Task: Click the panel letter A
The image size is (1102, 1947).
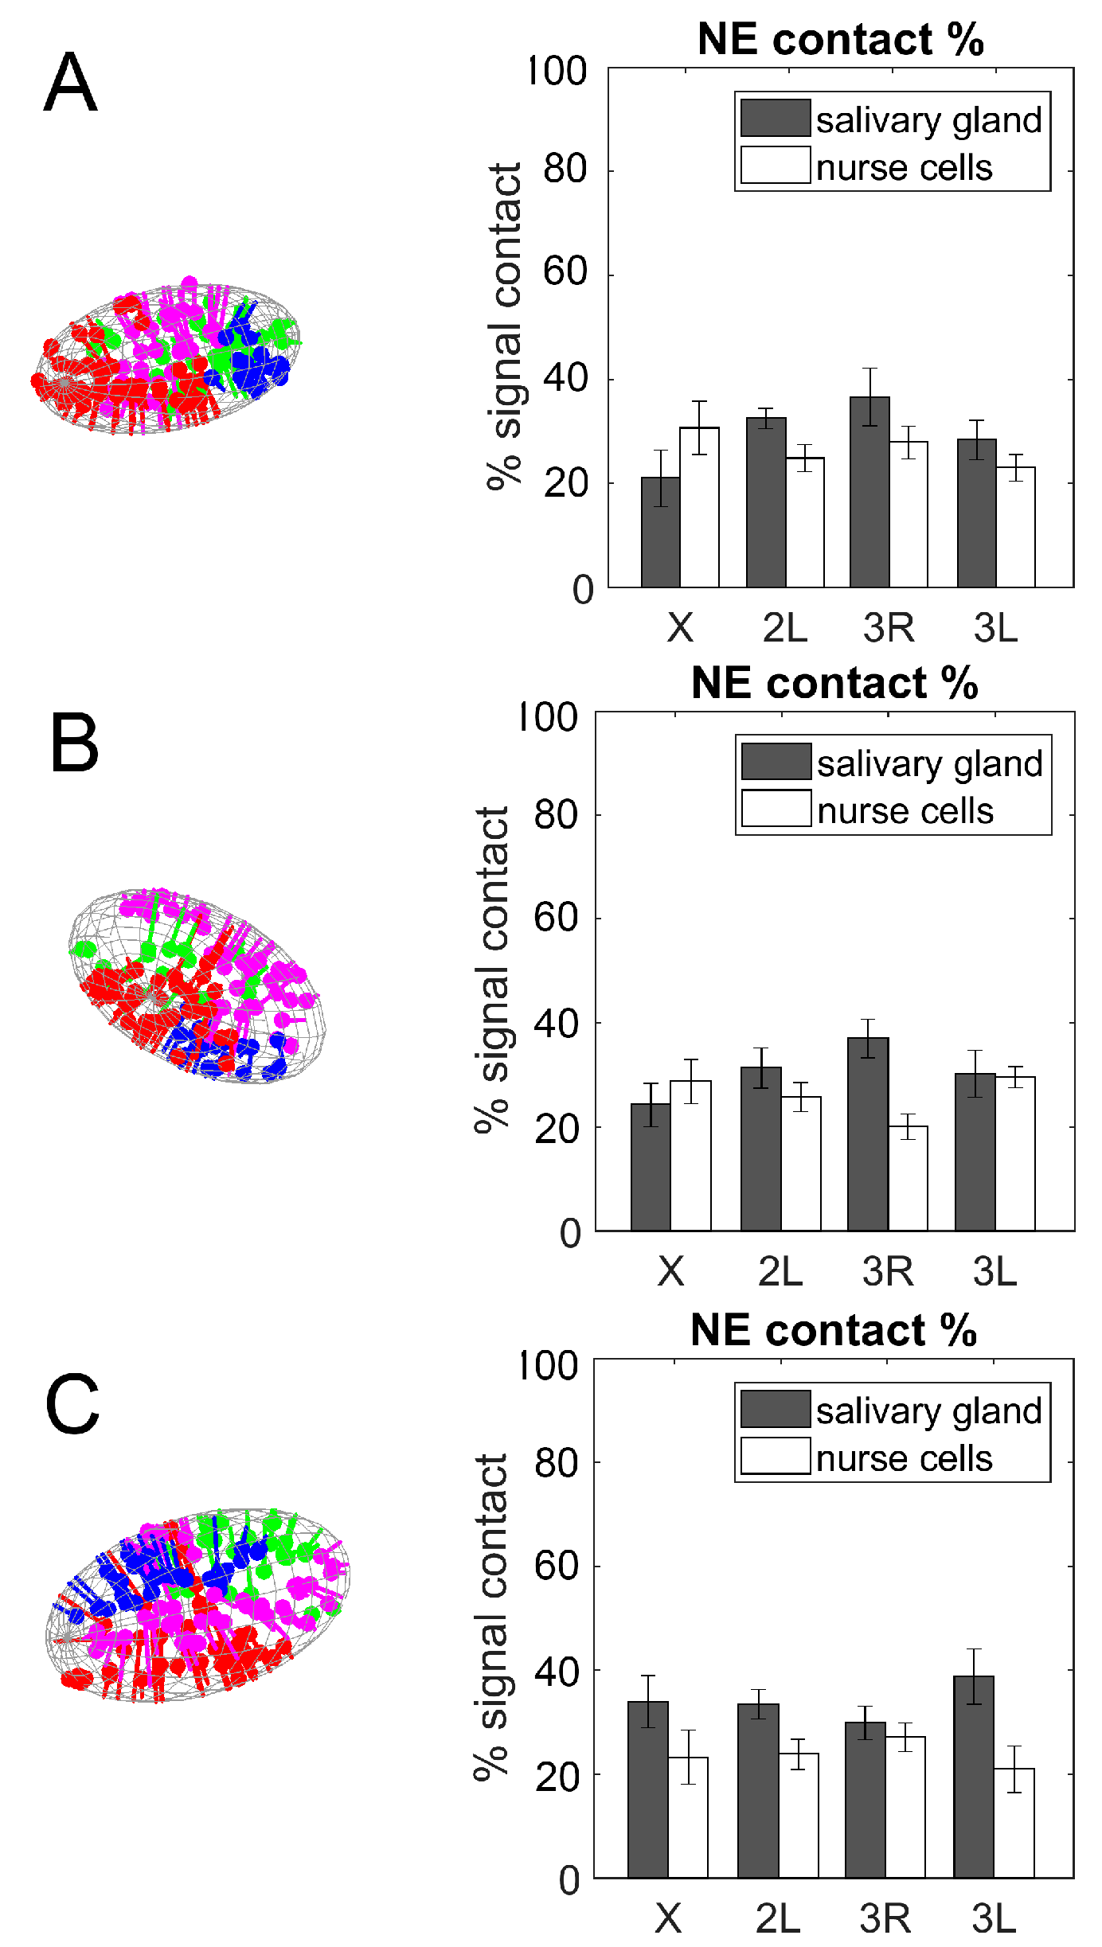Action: point(70,83)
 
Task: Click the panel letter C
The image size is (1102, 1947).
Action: point(72,1405)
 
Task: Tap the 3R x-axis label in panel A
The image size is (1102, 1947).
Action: point(889,628)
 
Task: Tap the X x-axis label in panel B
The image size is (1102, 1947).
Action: point(670,1271)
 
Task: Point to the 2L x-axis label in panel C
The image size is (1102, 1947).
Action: point(778,1919)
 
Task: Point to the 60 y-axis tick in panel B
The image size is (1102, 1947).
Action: point(556,918)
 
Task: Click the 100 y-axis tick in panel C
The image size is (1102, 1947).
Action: point(548,1366)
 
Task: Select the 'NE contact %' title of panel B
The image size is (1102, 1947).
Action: point(834,683)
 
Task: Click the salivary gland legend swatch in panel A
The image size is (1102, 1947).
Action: point(776,119)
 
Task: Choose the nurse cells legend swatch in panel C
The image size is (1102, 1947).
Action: point(776,1456)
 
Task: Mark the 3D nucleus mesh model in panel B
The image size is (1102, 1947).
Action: point(197,985)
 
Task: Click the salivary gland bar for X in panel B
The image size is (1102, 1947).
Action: point(651,1167)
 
